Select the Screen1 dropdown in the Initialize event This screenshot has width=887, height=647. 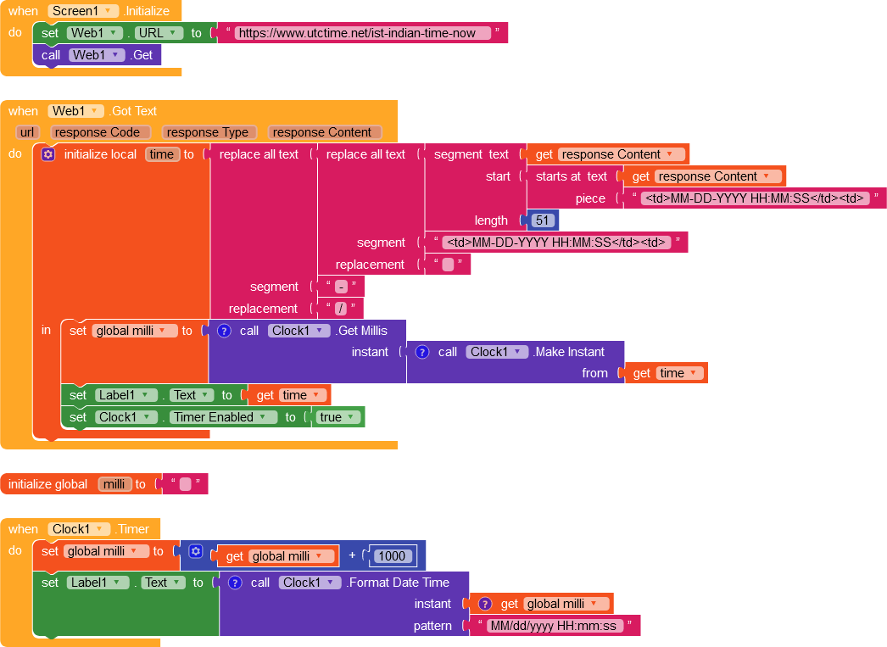click(83, 11)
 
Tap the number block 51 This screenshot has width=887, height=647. click(543, 220)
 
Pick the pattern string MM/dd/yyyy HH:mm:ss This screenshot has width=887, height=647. click(555, 626)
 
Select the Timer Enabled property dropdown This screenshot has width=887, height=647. click(223, 417)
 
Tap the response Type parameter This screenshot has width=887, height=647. click(209, 132)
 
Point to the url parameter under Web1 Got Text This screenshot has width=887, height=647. click(27, 132)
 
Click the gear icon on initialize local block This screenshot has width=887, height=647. click(48, 154)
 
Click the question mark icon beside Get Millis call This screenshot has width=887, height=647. click(225, 331)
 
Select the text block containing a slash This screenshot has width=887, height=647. click(341, 309)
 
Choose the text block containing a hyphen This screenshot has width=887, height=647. click(341, 287)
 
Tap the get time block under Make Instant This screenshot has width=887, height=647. click(666, 373)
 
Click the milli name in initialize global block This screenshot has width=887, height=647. click(114, 484)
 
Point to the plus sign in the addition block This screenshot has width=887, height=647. click(352, 555)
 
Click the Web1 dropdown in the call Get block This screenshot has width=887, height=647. click(98, 55)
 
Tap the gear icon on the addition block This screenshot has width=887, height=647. click(196, 551)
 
